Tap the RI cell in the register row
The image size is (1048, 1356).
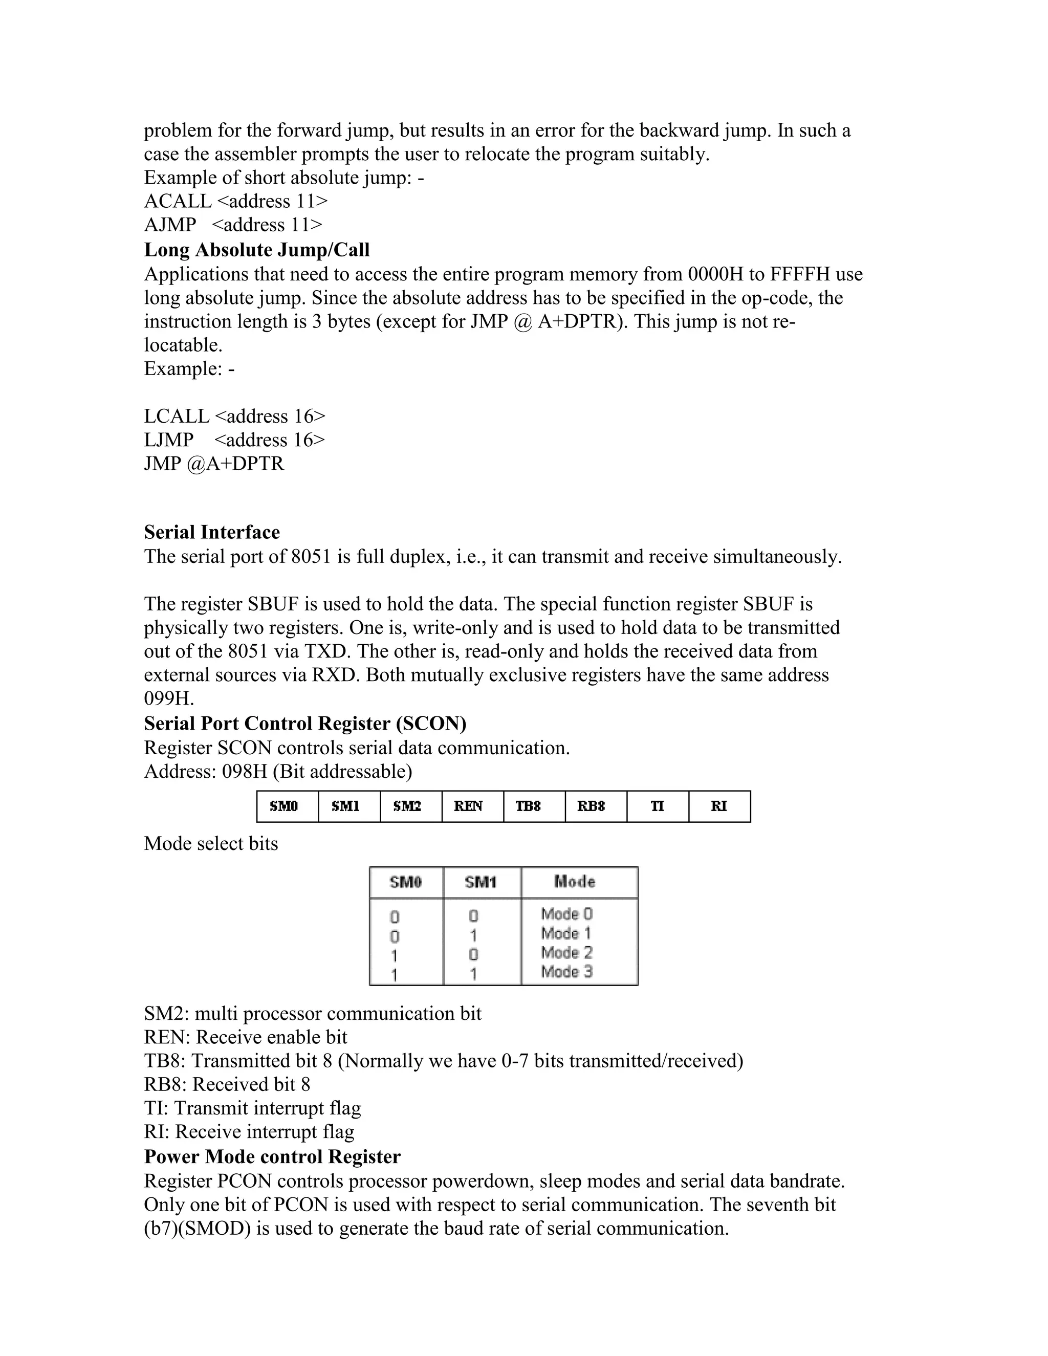tap(719, 806)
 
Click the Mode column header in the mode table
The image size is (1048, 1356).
tap(575, 882)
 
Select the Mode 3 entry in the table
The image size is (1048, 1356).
tap(567, 972)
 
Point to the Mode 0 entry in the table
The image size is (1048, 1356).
tap(567, 914)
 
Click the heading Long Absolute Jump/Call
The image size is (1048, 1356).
tap(256, 250)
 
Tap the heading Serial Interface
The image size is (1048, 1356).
tap(212, 532)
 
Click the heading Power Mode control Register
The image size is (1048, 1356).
tap(272, 1157)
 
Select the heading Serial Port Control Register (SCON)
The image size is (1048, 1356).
tap(305, 724)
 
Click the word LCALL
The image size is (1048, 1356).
tap(177, 416)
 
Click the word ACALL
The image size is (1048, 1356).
tap(178, 201)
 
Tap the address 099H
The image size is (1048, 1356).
tap(169, 698)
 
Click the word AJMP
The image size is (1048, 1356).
tap(169, 225)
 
